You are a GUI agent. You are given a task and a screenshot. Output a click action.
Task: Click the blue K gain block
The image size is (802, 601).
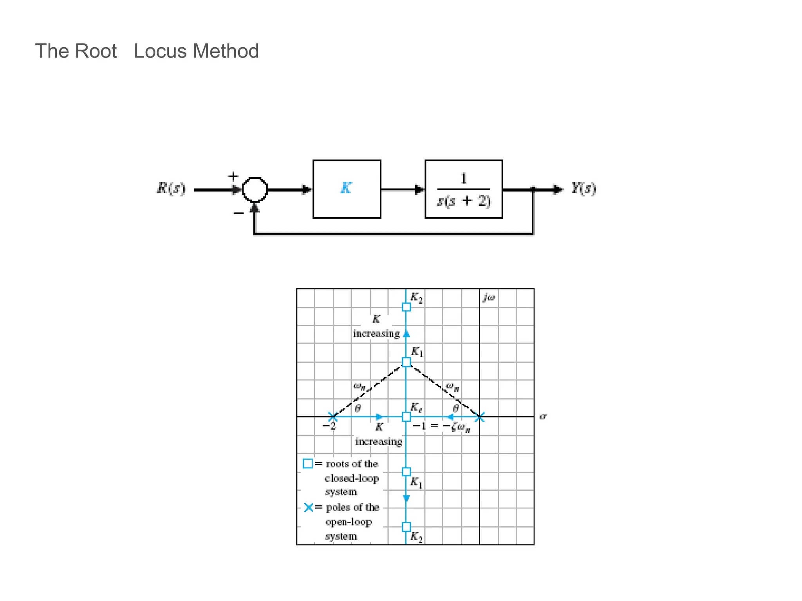pyautogui.click(x=347, y=189)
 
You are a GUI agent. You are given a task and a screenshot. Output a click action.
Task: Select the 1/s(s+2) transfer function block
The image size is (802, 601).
pyautogui.click(x=464, y=189)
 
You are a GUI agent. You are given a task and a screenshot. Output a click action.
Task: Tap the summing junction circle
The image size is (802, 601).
pyautogui.click(x=255, y=189)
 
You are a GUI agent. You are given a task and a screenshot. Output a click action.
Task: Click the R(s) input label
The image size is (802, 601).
pyautogui.click(x=171, y=188)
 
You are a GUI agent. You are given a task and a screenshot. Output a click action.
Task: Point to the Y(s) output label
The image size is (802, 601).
pyautogui.click(x=583, y=188)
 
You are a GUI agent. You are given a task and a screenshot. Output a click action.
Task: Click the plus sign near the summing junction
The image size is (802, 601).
pyautogui.click(x=233, y=176)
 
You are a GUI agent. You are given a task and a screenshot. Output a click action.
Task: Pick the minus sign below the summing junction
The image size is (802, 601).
pyautogui.click(x=238, y=213)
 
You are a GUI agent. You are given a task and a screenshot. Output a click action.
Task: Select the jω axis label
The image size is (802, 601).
pyautogui.click(x=489, y=297)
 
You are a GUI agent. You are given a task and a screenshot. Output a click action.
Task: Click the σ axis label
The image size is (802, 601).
pyautogui.click(x=543, y=416)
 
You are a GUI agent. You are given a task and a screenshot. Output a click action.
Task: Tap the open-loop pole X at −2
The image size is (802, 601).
pyautogui.click(x=332, y=417)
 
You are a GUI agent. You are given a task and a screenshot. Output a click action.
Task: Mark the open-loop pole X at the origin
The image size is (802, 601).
pyautogui.click(x=480, y=417)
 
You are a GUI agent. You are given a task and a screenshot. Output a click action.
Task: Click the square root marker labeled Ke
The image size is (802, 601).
pyautogui.click(x=406, y=417)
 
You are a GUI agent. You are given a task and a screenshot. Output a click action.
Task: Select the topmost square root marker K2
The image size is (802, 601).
pyautogui.click(x=406, y=307)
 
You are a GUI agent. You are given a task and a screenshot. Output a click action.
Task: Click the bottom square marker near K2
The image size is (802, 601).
pyautogui.click(x=406, y=527)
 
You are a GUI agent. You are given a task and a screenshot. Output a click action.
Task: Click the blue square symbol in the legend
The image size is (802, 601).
pyautogui.click(x=308, y=464)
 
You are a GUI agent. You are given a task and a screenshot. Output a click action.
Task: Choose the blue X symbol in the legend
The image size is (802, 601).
pyautogui.click(x=309, y=507)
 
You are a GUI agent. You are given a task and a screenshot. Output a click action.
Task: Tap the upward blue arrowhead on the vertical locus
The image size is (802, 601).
pyautogui.click(x=406, y=334)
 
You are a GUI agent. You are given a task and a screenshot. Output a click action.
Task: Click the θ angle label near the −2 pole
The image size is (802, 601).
pyautogui.click(x=358, y=408)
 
